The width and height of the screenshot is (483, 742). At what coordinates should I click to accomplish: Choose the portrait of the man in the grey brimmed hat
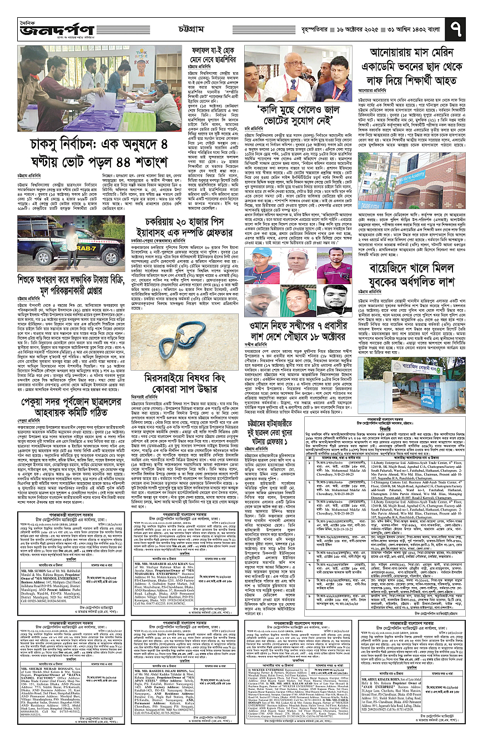[261, 300]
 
